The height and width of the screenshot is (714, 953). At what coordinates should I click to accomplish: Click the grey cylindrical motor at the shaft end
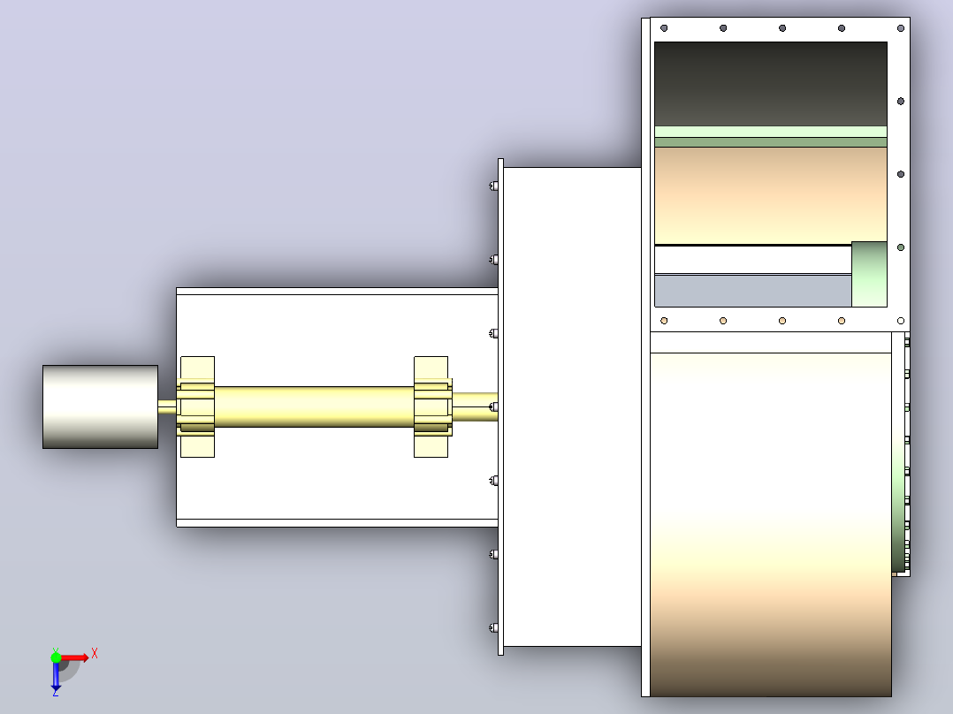[100, 406]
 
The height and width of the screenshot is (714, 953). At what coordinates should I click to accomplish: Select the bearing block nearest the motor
[197, 406]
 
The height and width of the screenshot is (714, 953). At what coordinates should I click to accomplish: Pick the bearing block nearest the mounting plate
[431, 406]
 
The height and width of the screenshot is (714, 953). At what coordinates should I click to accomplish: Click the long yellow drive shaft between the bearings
[314, 406]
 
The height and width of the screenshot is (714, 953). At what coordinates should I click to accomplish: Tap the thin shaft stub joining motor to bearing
[167, 406]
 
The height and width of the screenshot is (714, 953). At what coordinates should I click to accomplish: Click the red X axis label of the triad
[95, 654]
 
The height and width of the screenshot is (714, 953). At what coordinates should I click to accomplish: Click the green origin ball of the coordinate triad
[56, 657]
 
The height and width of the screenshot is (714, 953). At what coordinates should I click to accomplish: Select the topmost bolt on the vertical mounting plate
[493, 186]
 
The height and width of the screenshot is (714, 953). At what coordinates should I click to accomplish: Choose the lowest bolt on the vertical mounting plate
[493, 627]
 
